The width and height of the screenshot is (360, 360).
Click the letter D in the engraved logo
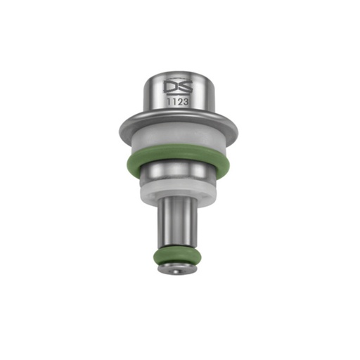tap(170, 86)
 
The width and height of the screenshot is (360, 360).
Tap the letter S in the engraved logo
tap(185, 86)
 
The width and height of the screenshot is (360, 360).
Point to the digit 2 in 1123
tap(179, 102)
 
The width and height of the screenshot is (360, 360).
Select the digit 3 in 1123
tap(185, 102)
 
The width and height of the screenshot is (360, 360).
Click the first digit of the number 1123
tap(168, 102)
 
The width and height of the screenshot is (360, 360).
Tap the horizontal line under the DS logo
tap(178, 94)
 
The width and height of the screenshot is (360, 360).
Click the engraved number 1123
tap(177, 102)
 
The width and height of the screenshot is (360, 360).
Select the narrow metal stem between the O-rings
tap(177, 224)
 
